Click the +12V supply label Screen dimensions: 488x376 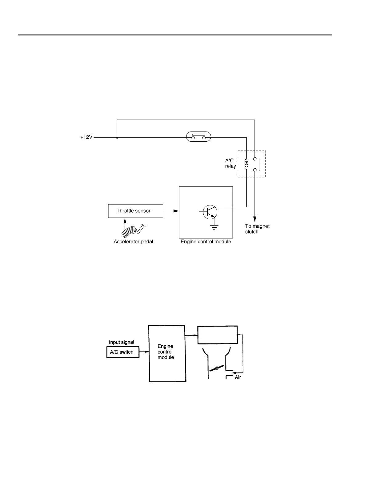coord(86,137)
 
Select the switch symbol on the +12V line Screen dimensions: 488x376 coord(198,137)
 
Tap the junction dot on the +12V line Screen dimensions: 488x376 coord(117,137)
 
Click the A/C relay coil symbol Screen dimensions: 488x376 coord(246,164)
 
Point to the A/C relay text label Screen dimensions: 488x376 coord(230,163)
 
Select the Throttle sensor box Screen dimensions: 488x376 coord(135,211)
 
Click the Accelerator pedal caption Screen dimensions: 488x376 coord(133,242)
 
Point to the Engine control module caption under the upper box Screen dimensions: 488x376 coord(206,242)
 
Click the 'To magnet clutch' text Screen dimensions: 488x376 coord(257,229)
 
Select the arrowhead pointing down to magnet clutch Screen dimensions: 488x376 coord(255,219)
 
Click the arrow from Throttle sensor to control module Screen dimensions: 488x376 coord(171,211)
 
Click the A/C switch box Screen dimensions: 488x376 coord(123,352)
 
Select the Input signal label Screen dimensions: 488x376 coord(122,342)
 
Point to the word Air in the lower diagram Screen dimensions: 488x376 coord(238,377)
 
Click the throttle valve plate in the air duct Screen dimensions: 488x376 coord(217,368)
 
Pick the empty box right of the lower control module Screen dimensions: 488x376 coord(217,335)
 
